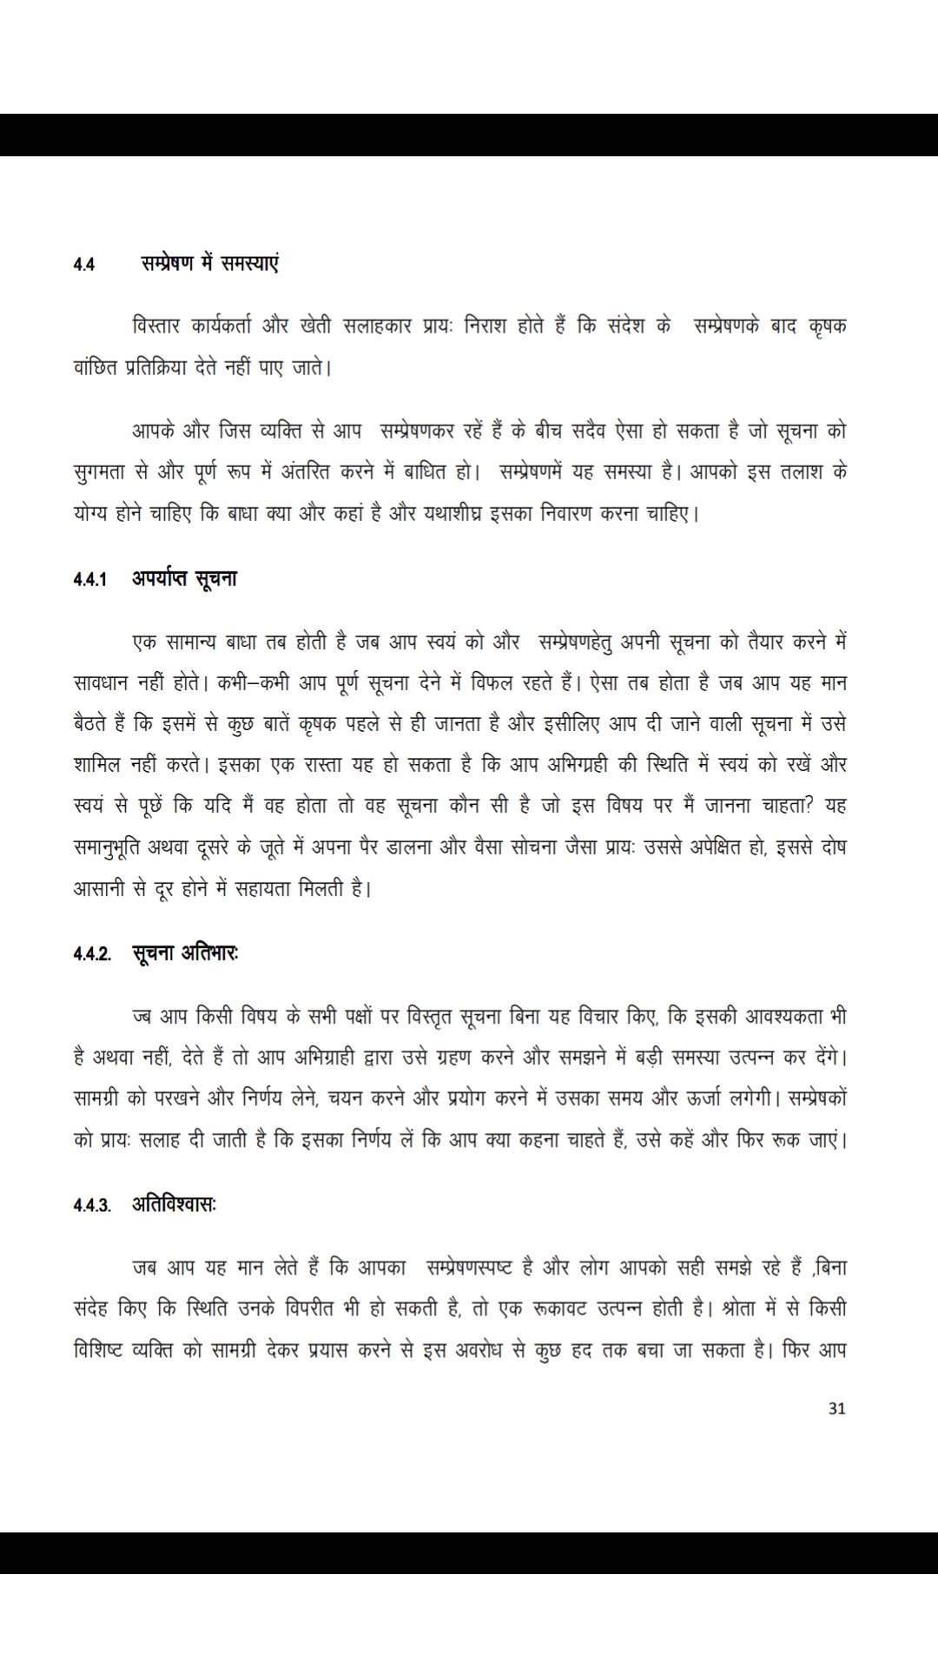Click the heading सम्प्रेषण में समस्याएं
210,263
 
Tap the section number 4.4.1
90,580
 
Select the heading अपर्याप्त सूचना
184,578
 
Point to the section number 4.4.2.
92,955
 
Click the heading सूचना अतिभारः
186,953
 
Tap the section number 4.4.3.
92,1206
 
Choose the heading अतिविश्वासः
174,1204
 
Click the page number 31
836,1408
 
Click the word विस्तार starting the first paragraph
155,327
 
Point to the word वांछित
95,368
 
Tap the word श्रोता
749,1308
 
